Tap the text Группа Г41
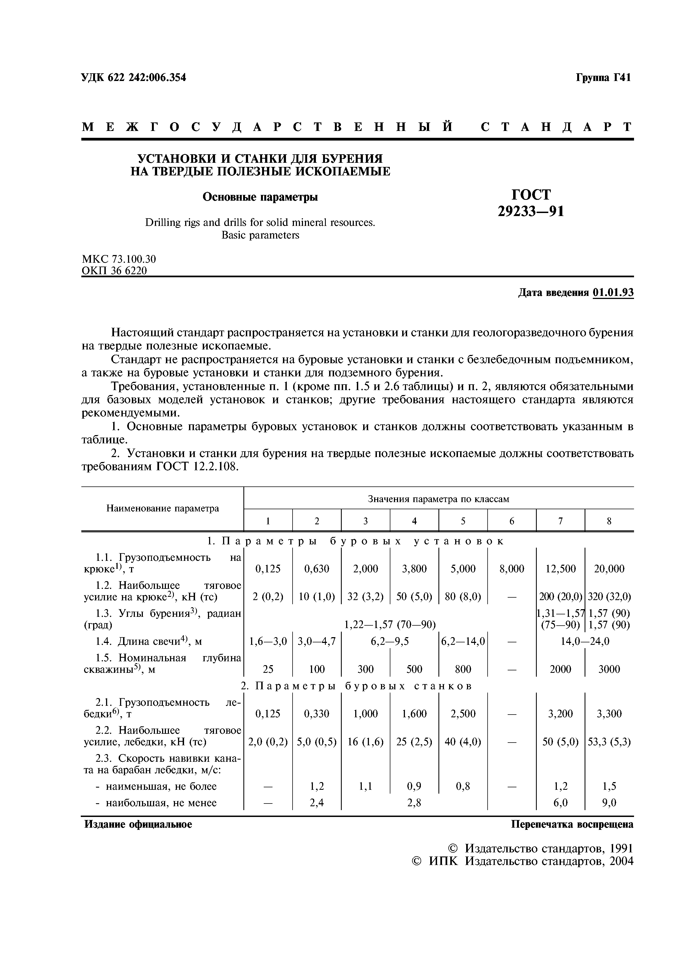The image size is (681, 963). point(603,78)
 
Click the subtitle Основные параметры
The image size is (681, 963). point(260,197)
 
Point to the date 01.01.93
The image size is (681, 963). point(613,292)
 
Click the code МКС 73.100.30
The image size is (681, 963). point(119,259)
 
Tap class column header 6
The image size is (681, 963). point(512,521)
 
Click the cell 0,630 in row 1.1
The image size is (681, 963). point(317,569)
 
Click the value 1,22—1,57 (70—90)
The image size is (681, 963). point(390,625)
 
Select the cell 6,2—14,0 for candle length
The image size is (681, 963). point(463,641)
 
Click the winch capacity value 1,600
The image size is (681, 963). point(414,713)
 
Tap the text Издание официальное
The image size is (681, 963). point(138,824)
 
